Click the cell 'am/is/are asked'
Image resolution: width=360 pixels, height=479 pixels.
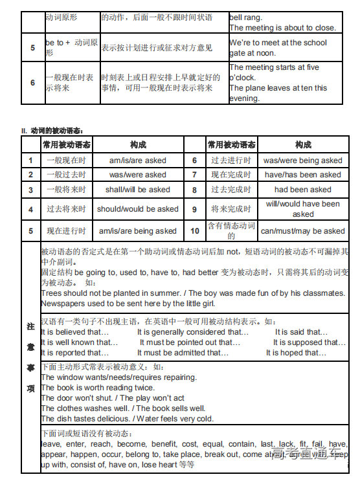[137, 161]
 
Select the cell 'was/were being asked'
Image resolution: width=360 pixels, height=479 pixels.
[302, 161]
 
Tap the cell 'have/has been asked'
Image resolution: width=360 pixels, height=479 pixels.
[302, 175]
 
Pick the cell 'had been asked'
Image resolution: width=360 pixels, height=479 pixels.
[302, 190]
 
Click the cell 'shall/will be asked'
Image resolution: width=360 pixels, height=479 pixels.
[137, 190]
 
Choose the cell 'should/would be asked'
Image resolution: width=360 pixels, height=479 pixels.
[137, 209]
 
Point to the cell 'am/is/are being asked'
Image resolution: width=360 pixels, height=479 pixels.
[137, 231]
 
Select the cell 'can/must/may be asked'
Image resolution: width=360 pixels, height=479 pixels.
[302, 231]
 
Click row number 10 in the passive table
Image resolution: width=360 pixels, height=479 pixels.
[194, 231]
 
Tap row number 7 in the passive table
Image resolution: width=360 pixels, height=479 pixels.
[194, 175]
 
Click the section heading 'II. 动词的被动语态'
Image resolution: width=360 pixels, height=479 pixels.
[52, 131]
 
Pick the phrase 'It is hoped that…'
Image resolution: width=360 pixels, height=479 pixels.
[296, 353]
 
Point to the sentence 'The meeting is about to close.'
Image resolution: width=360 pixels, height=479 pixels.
[282, 28]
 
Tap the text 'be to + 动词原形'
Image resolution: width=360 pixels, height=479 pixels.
[71, 47]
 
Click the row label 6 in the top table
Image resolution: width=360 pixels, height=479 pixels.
[33, 83]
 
